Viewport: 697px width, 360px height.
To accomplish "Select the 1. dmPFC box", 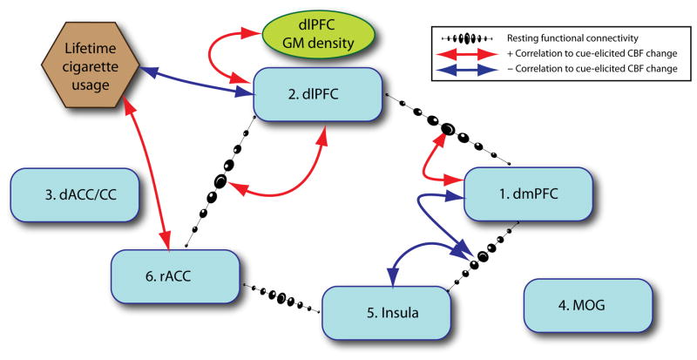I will [528, 194].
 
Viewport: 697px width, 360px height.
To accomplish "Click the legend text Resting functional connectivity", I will [575, 38].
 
